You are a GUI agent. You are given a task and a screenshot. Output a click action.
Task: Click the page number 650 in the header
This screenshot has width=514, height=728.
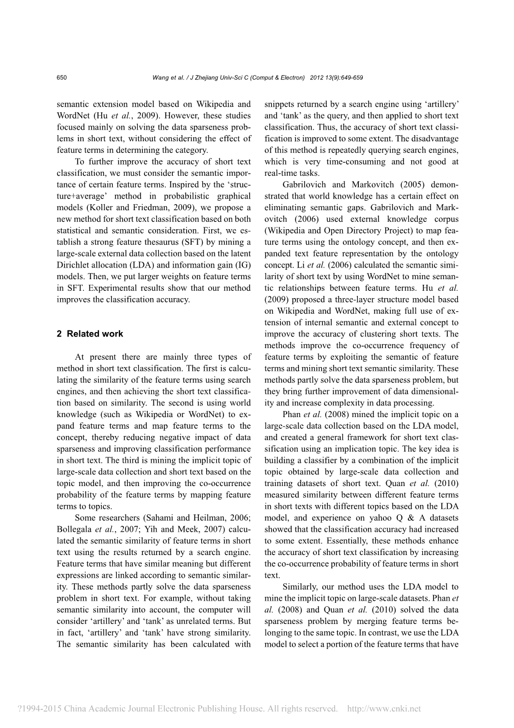(x=62, y=78)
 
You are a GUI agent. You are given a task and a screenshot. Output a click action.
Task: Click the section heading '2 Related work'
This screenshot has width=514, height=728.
(x=90, y=334)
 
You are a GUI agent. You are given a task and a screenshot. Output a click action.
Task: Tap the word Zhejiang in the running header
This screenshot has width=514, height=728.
(x=218, y=78)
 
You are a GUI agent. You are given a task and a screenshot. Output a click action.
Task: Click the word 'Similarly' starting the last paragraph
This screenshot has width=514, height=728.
(x=301, y=587)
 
